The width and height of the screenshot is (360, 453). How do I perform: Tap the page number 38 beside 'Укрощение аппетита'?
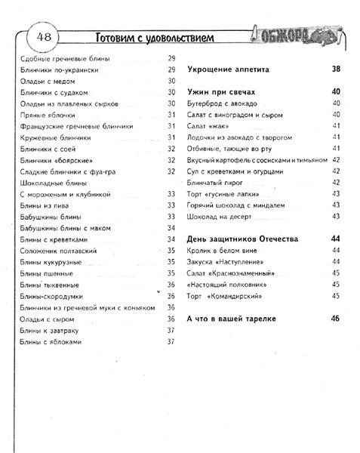pos(336,69)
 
